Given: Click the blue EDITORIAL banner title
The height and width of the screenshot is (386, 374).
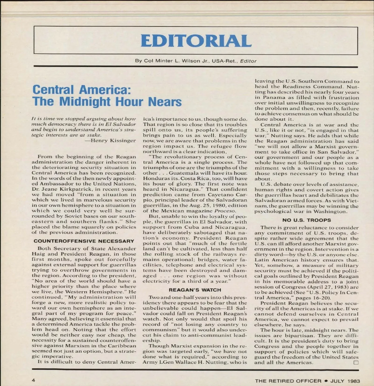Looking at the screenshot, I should (x=196, y=41).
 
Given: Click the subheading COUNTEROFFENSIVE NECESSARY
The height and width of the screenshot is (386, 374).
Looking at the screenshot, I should (x=84, y=241).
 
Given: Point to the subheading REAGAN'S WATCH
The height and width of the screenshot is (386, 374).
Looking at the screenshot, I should (x=195, y=290).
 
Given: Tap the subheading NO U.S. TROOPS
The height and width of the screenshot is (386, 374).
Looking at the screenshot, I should (x=307, y=220).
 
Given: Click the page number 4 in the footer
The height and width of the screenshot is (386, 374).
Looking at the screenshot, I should (x=33, y=380).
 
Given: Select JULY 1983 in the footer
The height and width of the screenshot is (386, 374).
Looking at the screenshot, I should (x=345, y=381).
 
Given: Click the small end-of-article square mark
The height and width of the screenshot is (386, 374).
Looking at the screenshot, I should (x=356, y=362).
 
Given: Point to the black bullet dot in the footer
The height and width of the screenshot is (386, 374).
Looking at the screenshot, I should (x=326, y=381).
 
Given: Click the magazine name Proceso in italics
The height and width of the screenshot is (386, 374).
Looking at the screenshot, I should (x=225, y=211).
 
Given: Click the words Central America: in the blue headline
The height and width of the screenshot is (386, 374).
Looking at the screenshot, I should (x=82, y=90).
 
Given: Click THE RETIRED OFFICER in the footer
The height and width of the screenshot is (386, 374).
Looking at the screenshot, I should (x=288, y=381).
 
